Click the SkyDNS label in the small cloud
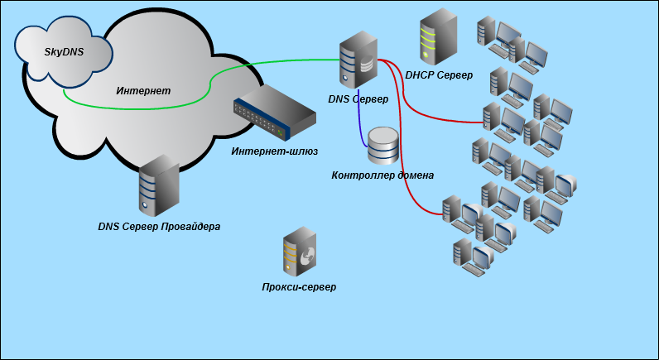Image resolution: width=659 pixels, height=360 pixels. click(64, 51)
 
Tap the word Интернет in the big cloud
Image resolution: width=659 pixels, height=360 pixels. click(143, 91)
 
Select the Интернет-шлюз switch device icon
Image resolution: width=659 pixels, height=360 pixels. click(274, 113)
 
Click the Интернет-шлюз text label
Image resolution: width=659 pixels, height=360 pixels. click(274, 151)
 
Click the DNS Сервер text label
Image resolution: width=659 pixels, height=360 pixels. click(358, 99)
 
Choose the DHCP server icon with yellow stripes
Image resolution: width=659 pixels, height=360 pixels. click(438, 36)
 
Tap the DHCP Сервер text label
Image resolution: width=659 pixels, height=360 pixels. click(439, 75)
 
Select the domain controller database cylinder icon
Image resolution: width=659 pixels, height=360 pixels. click(382, 146)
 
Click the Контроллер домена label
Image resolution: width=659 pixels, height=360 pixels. click(382, 175)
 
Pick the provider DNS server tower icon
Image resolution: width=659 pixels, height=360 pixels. click(159, 185)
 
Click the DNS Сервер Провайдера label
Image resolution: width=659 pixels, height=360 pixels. click(159, 227)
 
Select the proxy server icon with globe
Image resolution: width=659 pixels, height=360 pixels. click(299, 252)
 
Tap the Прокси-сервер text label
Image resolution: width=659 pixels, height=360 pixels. click(299, 287)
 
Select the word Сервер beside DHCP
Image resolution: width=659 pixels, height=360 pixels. click(455, 75)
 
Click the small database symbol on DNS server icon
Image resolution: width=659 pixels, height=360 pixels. click(367, 64)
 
